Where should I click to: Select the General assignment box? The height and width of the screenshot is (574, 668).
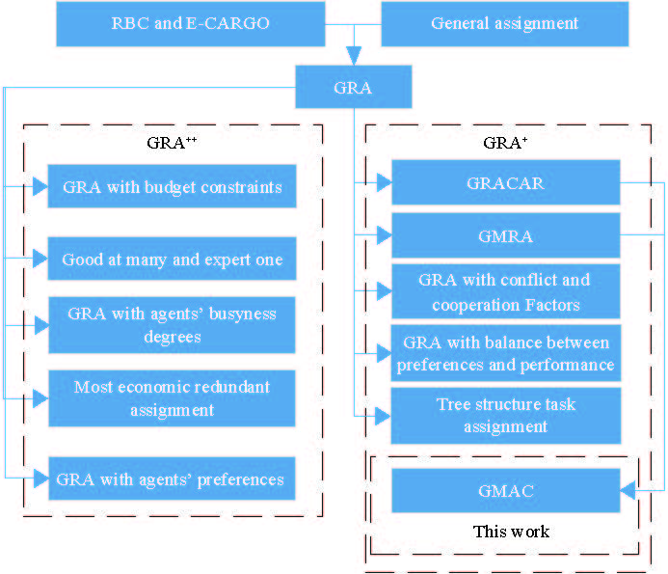(x=504, y=23)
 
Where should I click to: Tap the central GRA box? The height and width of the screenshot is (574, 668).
(x=353, y=88)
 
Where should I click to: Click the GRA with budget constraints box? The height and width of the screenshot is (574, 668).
(x=172, y=186)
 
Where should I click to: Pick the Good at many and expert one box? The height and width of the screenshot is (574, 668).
(x=172, y=259)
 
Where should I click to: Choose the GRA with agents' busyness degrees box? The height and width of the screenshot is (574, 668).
(x=172, y=325)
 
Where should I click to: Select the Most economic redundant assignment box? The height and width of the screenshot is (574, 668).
(x=172, y=398)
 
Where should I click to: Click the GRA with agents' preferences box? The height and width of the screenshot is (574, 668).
(x=172, y=478)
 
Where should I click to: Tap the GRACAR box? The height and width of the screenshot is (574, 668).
(x=505, y=182)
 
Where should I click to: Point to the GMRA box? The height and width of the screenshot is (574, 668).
(x=505, y=234)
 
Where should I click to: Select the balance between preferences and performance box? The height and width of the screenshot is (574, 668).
(x=505, y=353)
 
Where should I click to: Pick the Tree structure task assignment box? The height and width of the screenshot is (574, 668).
(x=505, y=415)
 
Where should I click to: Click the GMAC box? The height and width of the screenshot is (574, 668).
(x=505, y=490)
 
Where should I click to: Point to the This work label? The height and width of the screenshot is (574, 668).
(x=511, y=532)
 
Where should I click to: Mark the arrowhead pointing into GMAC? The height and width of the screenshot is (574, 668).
(x=628, y=491)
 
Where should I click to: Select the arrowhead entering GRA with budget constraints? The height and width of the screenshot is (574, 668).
(x=40, y=186)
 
